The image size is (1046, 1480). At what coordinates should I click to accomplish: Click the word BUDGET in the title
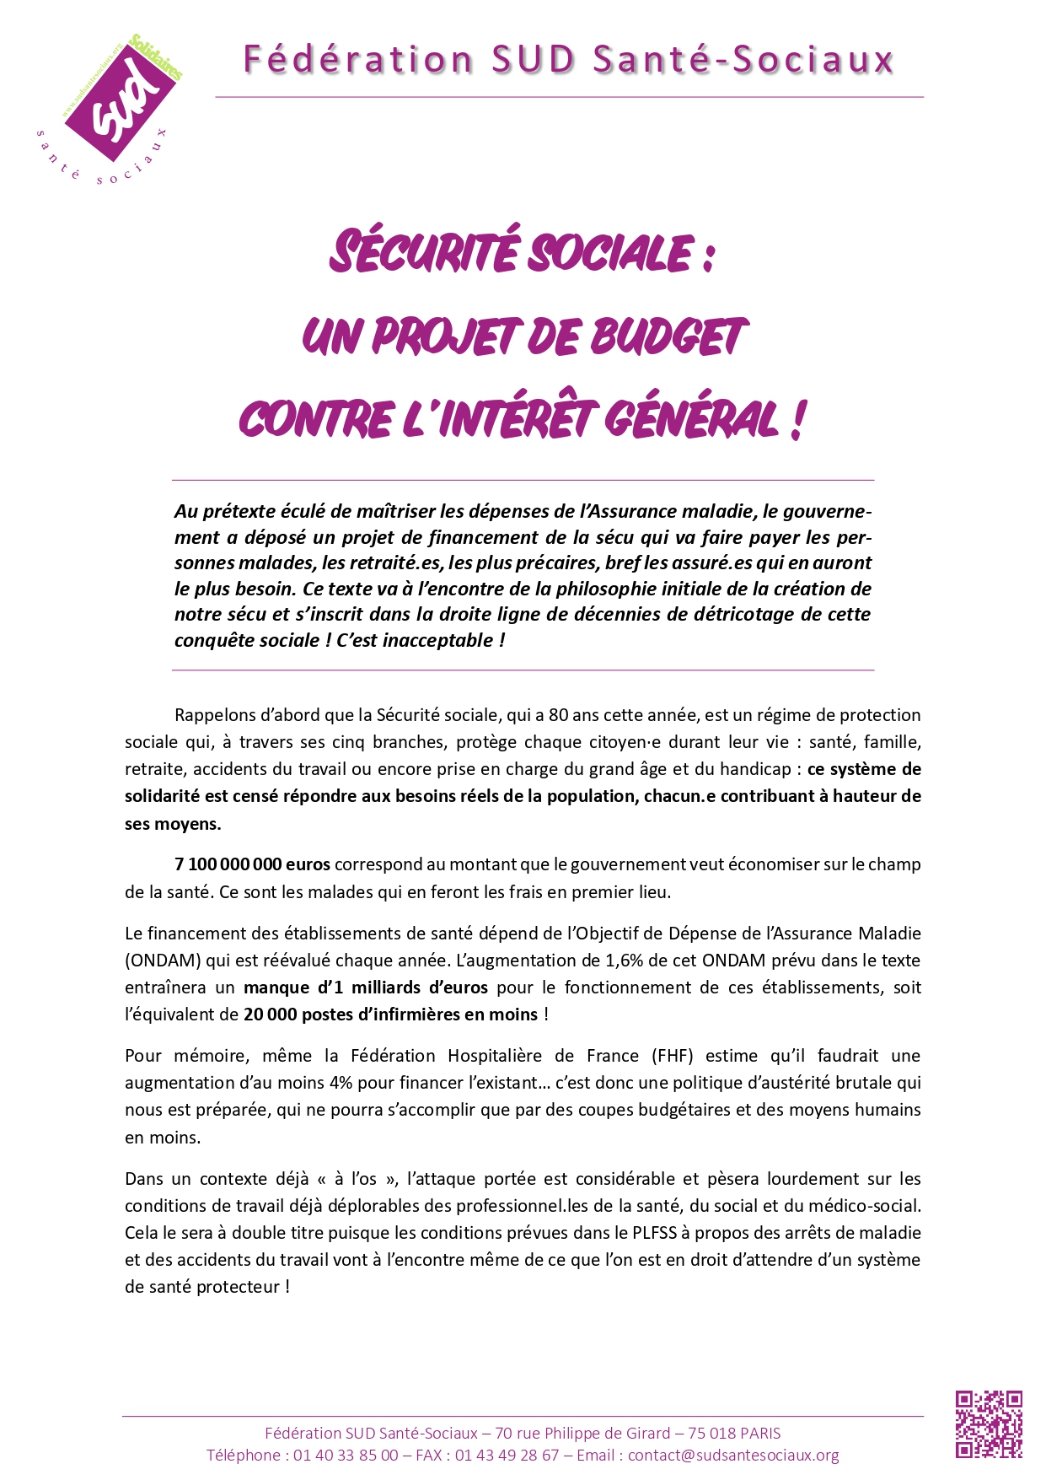668,336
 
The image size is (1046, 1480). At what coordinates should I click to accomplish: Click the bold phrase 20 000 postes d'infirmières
390,1014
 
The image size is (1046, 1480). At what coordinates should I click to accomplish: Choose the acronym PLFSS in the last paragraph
654,1233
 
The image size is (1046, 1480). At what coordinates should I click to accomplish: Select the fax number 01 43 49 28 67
507,1455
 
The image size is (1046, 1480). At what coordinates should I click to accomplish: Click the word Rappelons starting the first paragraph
213,715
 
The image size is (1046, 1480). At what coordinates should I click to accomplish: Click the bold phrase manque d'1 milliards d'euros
365,988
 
